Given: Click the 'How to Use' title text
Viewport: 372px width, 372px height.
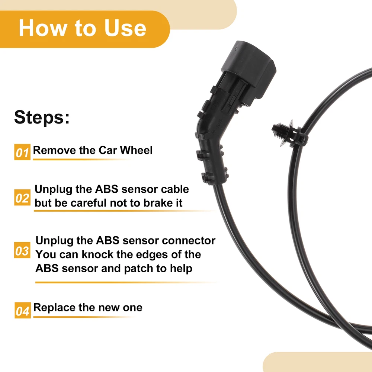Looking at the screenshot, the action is click(x=82, y=28).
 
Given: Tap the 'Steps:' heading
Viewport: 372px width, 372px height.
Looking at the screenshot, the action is click(x=42, y=117).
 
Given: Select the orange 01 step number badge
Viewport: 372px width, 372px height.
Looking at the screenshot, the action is click(x=22, y=152).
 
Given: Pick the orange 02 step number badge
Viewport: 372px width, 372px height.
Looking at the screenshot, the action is click(x=22, y=198).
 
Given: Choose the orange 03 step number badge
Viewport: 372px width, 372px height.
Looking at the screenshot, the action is click(x=22, y=250).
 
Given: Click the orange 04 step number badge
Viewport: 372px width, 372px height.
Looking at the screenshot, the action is click(x=23, y=310).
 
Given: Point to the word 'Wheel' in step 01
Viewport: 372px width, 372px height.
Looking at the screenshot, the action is click(x=136, y=150).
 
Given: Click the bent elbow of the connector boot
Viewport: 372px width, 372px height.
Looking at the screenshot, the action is click(x=209, y=133).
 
